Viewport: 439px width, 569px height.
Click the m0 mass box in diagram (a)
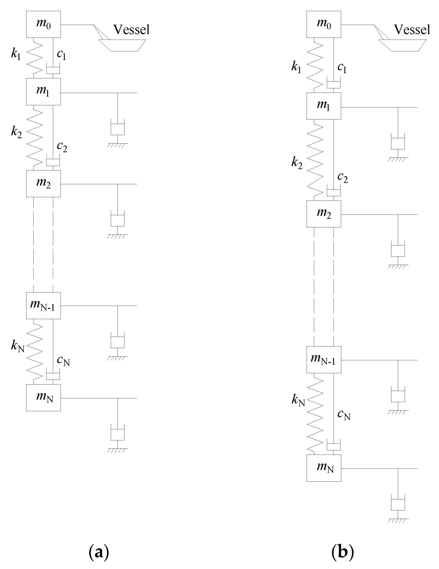tap(43, 24)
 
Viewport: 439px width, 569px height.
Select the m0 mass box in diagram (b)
tap(324, 24)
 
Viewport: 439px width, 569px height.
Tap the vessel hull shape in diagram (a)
tap(122, 45)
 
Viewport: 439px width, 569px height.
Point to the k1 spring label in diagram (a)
tap(16, 54)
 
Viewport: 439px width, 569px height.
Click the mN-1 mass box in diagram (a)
tap(43, 305)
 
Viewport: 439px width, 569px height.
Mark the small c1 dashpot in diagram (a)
tap(53, 70)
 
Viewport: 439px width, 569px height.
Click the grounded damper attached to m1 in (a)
tap(117, 128)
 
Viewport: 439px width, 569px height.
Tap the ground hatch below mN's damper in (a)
tap(117, 450)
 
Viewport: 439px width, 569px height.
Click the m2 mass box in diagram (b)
tap(324, 214)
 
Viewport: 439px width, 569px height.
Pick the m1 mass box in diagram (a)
tap(43, 91)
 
